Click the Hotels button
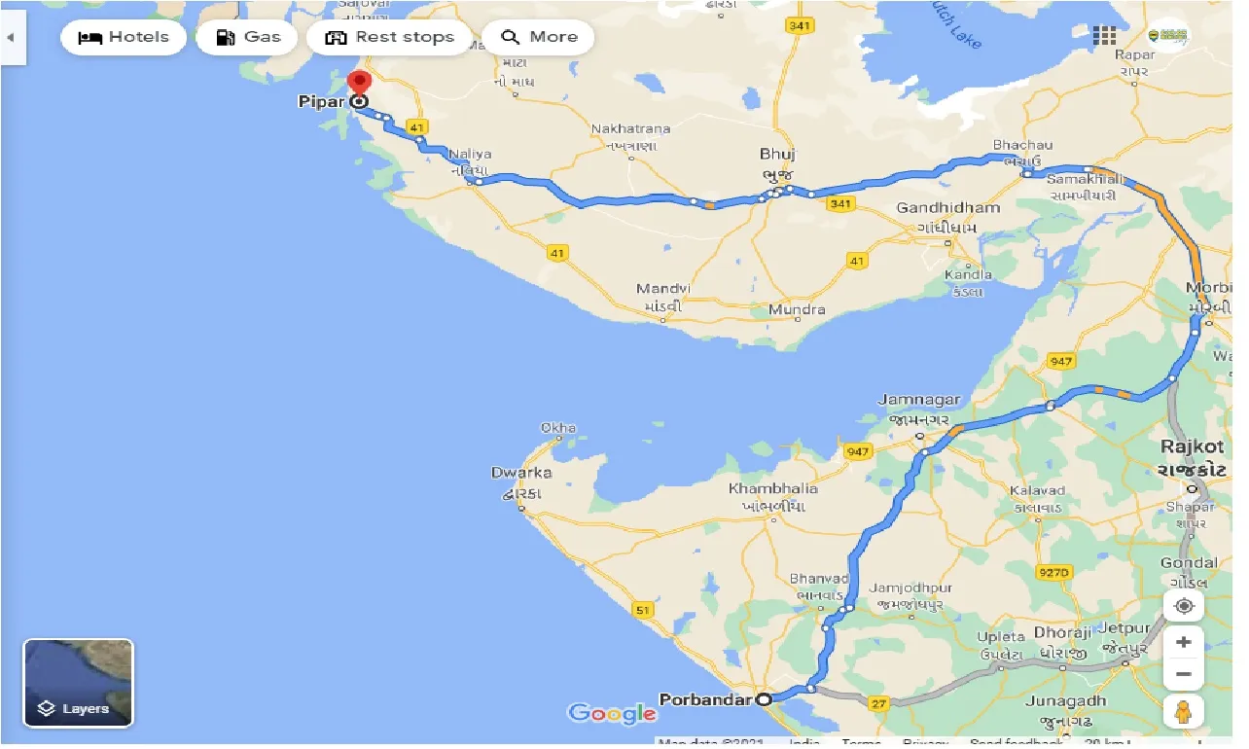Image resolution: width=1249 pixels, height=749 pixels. (x=124, y=38)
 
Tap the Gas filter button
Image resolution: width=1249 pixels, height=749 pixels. (x=248, y=38)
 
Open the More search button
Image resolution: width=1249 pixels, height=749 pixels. (x=538, y=38)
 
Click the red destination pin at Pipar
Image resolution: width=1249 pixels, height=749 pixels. (x=359, y=82)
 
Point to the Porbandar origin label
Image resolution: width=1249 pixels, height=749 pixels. (x=705, y=698)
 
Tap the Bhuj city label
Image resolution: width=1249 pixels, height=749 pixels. (x=778, y=154)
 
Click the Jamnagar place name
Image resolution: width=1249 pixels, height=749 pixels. (x=918, y=400)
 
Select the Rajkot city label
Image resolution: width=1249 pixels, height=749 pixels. (x=1192, y=446)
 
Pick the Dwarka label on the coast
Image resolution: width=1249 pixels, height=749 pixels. (x=521, y=473)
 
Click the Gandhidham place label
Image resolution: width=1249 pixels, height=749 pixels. (x=947, y=208)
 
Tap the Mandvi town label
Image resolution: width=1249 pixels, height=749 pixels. (x=662, y=289)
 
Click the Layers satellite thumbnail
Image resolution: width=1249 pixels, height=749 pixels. (x=78, y=683)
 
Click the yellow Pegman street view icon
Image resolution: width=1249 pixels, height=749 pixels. (x=1183, y=712)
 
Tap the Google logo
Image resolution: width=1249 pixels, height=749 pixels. (x=612, y=714)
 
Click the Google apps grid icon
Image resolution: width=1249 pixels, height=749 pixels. (x=1104, y=37)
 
